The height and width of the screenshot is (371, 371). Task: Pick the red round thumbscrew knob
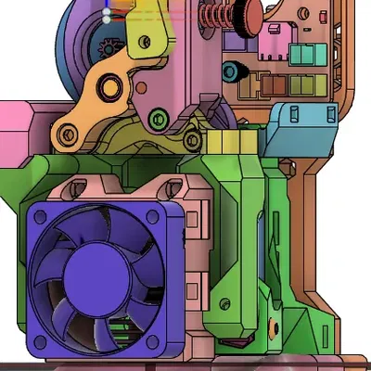(x=248, y=14)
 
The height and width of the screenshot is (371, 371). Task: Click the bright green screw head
(x=157, y=120)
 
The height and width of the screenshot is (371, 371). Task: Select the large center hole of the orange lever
(x=110, y=88)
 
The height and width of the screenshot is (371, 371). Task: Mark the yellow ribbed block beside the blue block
(x=226, y=142)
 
